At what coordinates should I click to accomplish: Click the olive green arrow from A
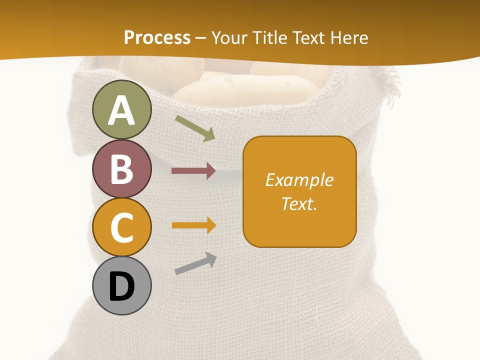(x=195, y=128)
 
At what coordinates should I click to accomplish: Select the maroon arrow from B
(x=193, y=171)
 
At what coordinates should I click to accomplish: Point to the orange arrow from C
(x=193, y=225)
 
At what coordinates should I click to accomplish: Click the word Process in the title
(x=157, y=37)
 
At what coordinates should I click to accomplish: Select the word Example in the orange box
(x=299, y=180)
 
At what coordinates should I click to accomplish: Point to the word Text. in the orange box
(x=299, y=204)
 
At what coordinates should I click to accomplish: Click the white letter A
(x=122, y=110)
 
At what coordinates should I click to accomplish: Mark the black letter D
(x=122, y=287)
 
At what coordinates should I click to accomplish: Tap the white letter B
(x=122, y=169)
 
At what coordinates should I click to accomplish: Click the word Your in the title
(x=229, y=37)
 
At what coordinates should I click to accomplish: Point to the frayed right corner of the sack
(x=390, y=82)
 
